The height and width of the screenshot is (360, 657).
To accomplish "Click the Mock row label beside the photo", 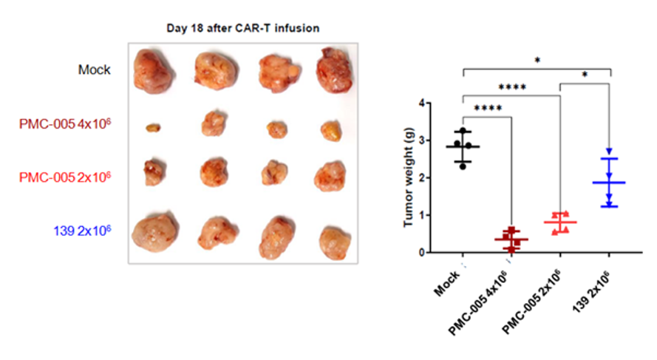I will click(x=95, y=70).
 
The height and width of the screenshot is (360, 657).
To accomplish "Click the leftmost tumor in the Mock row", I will click(x=154, y=71).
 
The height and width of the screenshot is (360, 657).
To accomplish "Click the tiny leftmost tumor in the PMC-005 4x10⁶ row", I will click(x=152, y=128).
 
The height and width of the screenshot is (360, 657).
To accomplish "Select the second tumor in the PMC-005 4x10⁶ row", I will click(x=214, y=123).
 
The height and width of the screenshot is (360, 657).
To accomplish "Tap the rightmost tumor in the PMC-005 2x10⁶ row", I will click(x=329, y=176).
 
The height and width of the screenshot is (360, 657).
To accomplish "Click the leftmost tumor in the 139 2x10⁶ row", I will click(x=154, y=231).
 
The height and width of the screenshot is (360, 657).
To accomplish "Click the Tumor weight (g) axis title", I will click(x=406, y=177).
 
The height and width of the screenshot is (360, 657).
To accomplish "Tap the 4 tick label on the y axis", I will click(x=421, y=103).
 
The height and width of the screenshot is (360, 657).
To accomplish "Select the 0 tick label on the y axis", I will click(x=421, y=253).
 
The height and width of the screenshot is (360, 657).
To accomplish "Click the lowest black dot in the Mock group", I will click(x=463, y=166).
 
